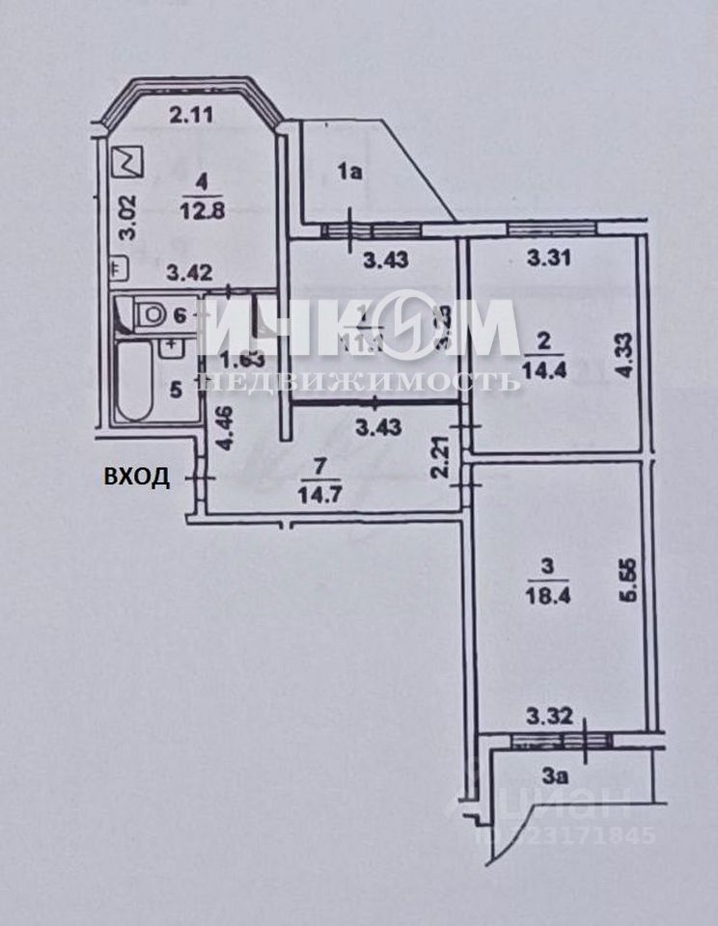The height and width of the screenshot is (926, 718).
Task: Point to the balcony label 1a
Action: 348,174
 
